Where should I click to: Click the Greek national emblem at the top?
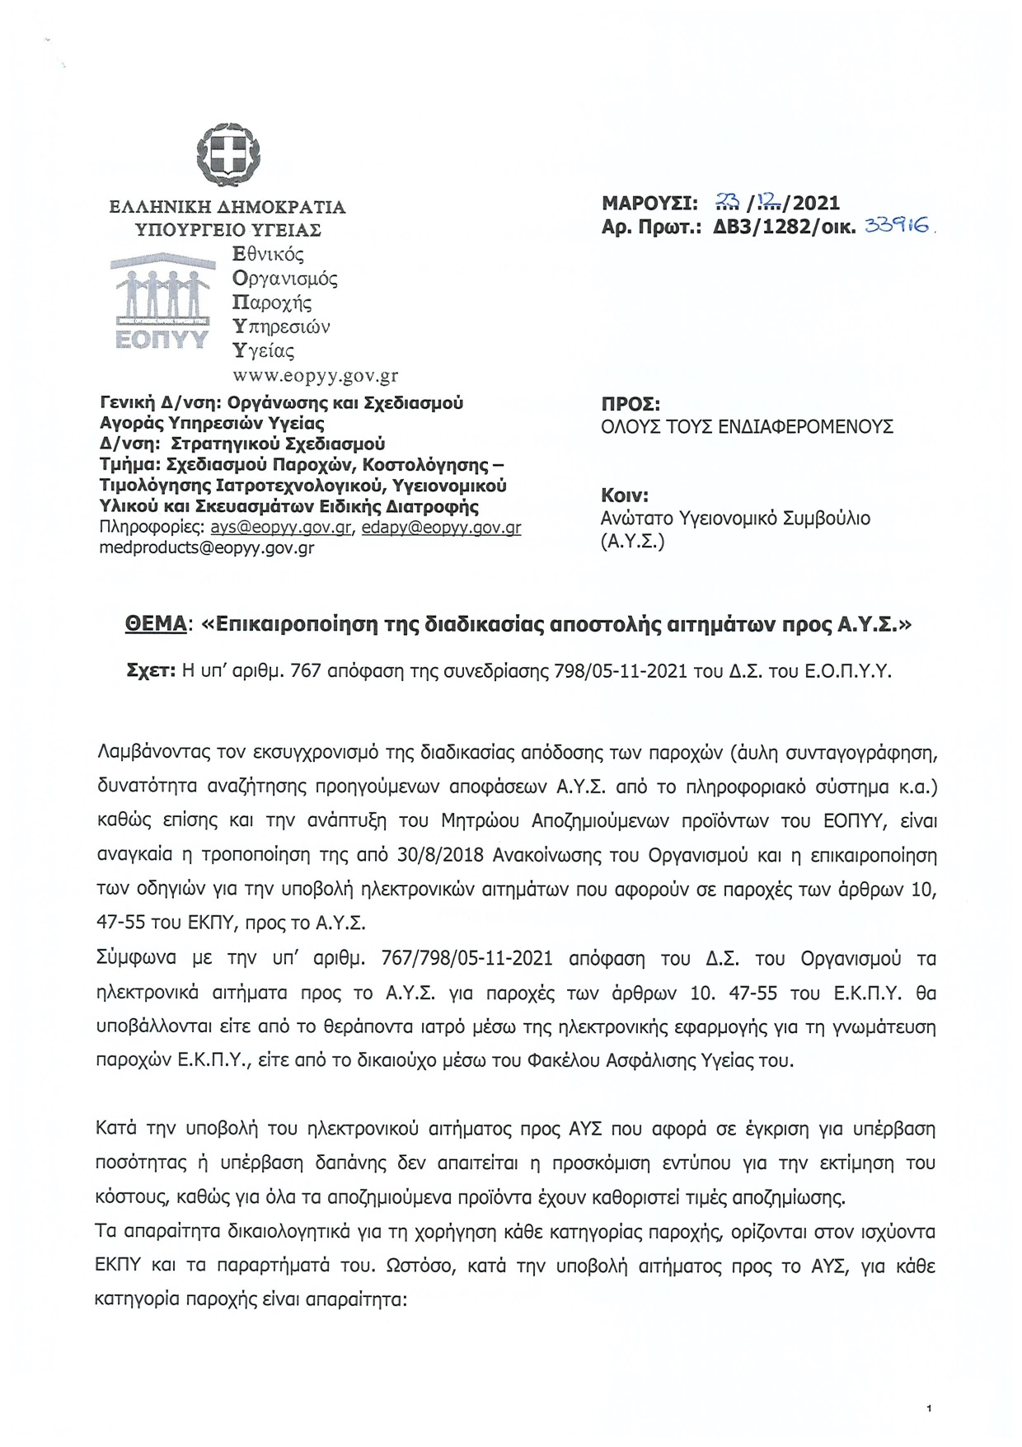[227, 155]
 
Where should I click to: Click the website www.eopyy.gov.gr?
[316, 376]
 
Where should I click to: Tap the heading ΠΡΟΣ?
[631, 405]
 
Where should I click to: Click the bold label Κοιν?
[625, 496]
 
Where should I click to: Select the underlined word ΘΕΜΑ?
[155, 624]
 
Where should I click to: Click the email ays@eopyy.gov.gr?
[282, 528]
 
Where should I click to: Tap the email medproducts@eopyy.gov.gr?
[206, 547]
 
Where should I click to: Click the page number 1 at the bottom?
[928, 1409]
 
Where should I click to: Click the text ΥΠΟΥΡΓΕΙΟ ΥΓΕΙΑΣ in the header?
[228, 230]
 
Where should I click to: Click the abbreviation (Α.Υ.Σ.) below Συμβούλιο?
[633, 541]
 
